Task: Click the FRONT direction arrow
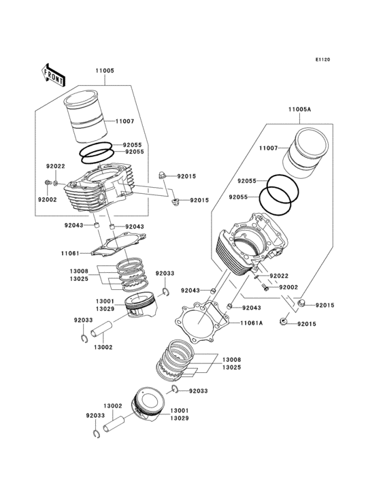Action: [x=53, y=74]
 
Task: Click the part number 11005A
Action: [x=299, y=109]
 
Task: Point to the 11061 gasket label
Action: [x=70, y=253]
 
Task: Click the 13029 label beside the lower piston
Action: [x=180, y=419]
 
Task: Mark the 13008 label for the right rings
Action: [x=231, y=359]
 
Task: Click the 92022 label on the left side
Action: [x=56, y=166]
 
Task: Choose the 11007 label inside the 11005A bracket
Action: [x=269, y=148]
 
